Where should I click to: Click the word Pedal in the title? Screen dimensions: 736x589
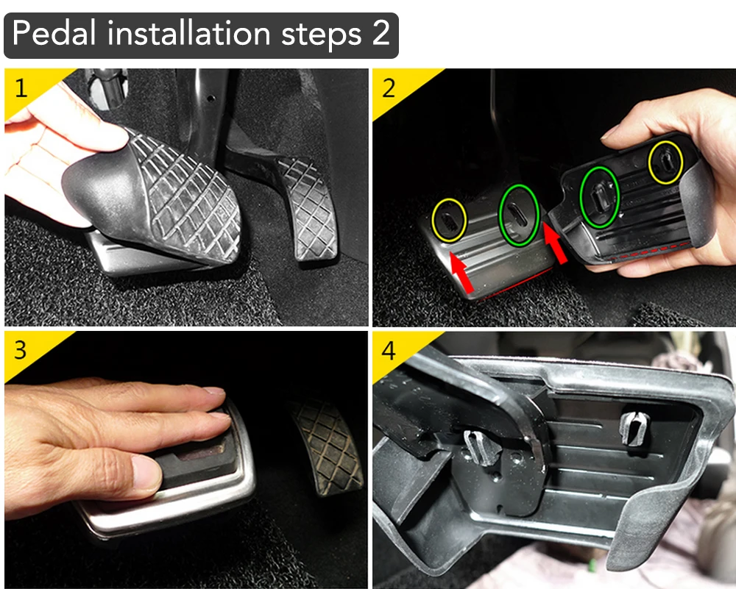(x=54, y=33)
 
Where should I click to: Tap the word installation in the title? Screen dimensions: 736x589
(x=188, y=33)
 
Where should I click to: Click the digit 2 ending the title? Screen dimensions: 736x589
(x=381, y=34)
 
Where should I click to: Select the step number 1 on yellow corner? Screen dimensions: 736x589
(x=21, y=88)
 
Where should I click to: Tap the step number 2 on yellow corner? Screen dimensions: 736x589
(x=389, y=88)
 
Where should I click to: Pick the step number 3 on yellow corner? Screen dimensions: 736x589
(x=20, y=350)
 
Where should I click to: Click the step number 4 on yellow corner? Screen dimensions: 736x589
(x=389, y=350)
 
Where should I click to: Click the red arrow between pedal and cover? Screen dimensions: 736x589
(x=554, y=242)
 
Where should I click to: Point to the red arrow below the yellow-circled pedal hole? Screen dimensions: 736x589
(x=462, y=274)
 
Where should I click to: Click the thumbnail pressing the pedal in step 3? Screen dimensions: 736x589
(x=146, y=471)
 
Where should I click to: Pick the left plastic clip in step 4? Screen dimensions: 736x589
(x=480, y=449)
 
